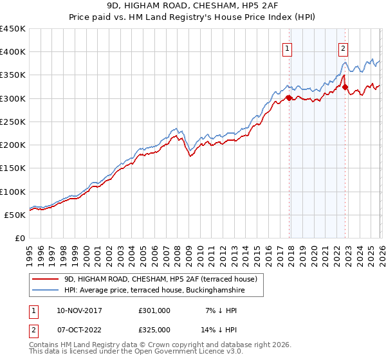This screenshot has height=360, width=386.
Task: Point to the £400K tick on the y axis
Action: point(13,52)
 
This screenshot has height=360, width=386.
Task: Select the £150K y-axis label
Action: point(13,168)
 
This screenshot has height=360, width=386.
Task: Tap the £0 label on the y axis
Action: point(19,238)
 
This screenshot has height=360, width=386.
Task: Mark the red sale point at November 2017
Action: point(289,98)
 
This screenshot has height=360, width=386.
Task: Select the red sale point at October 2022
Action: point(345,87)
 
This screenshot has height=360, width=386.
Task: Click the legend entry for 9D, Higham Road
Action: point(161,279)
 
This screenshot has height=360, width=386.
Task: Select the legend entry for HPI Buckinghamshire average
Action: point(154,291)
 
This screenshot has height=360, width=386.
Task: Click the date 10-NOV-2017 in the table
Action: point(79,310)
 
